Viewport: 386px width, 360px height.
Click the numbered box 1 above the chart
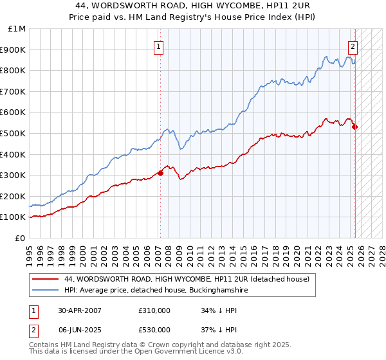click(x=158, y=46)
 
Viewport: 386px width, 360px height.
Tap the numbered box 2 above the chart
click(x=353, y=46)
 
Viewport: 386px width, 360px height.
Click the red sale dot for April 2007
click(x=161, y=173)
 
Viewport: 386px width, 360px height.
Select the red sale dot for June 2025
click(x=354, y=127)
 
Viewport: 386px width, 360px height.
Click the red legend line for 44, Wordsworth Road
click(x=46, y=279)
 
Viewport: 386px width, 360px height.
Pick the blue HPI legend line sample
click(x=46, y=291)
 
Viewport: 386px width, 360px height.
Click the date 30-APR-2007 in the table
click(x=80, y=310)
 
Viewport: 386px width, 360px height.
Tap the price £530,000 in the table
click(x=154, y=329)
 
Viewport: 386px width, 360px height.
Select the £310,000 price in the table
click(x=154, y=310)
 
